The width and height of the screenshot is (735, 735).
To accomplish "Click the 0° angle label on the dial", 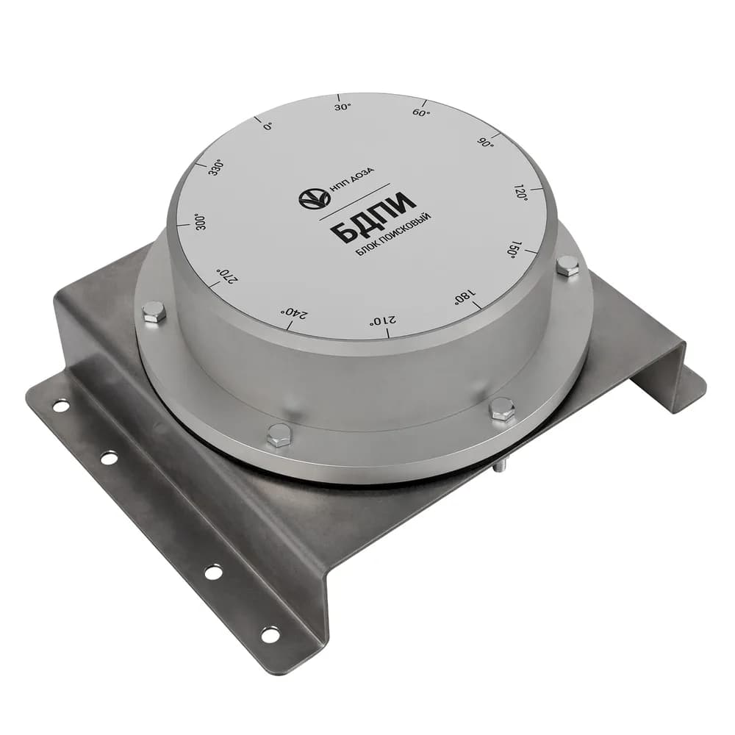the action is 268,126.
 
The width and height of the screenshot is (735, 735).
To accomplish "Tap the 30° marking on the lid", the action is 343,107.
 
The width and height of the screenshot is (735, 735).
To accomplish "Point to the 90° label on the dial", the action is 487,143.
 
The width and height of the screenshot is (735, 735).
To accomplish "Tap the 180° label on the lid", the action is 464,297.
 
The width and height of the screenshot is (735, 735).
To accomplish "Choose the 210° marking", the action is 384,320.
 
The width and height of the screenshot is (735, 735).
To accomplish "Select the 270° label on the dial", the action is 226,276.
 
